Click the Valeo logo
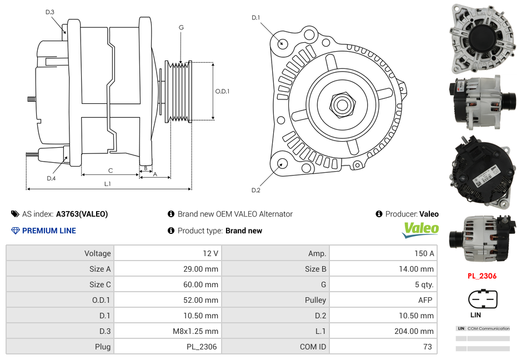point(420,229)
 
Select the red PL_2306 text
point(482,276)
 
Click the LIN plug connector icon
point(483,299)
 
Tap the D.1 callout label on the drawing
point(256,18)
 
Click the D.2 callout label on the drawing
point(256,190)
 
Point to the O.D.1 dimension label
point(222,91)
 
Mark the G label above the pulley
point(181,27)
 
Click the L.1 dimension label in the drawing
point(107,184)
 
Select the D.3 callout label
point(50,12)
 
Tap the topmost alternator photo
point(481,38)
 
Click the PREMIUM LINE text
point(49,231)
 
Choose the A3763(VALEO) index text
point(82,214)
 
